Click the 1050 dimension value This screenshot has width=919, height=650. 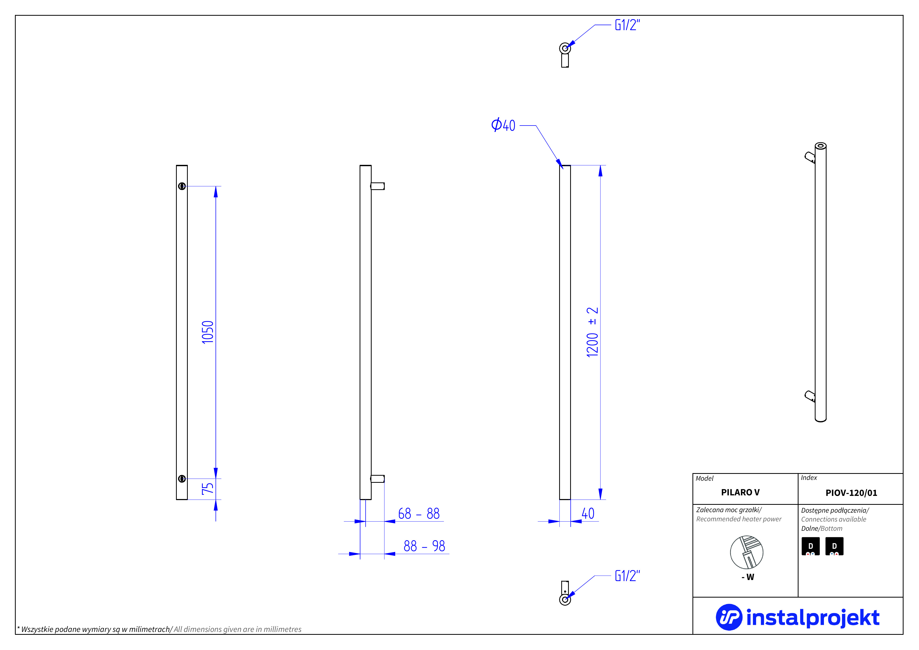207,332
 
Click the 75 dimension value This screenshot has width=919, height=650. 207,489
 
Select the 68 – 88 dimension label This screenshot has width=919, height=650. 419,513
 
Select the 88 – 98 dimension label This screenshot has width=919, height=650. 424,546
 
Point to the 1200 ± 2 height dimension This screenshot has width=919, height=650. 592,332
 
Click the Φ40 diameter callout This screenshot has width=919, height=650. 503,125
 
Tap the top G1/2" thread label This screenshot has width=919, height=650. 627,25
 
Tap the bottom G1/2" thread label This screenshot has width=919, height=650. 627,576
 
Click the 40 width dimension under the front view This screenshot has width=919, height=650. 588,513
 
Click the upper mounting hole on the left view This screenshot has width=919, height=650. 182,186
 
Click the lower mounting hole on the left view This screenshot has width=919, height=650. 182,479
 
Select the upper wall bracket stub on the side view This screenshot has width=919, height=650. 377,186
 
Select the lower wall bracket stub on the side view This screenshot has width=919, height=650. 377,479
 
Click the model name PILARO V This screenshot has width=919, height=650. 740,492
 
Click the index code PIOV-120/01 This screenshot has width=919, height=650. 851,492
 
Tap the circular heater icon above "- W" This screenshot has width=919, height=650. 746,552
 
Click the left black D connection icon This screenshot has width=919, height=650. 811,546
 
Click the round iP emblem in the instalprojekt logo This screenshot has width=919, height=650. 729,617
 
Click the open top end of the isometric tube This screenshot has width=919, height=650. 821,146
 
